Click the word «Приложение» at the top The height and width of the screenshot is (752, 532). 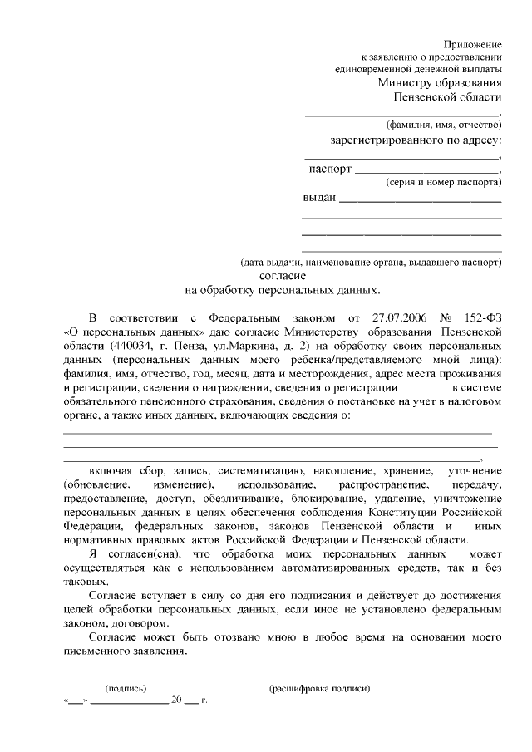pyautogui.click(x=472, y=43)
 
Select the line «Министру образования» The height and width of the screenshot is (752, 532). pyautogui.click(x=439, y=83)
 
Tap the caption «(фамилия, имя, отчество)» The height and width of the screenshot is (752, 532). pyautogui.click(x=448, y=125)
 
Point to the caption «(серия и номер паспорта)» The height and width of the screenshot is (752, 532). pyautogui.click(x=443, y=181)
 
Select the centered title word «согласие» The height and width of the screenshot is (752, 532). pyautogui.click(x=283, y=275)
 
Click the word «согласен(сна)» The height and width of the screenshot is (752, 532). pyautogui.click(x=143, y=553)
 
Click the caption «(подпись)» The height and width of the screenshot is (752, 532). pyautogui.click(x=126, y=689)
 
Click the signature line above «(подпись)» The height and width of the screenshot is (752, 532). pyautogui.click(x=120, y=680)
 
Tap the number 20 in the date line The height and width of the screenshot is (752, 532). pyautogui.click(x=175, y=701)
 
